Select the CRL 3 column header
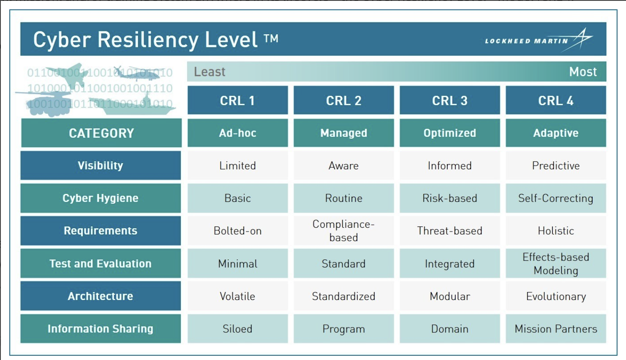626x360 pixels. (450, 100)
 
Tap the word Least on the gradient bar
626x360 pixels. (210, 72)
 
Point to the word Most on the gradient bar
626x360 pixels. (582, 72)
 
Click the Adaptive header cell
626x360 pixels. (556, 133)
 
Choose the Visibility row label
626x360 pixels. (101, 166)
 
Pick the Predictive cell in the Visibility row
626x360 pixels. (556, 166)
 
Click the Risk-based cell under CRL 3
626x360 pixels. (450, 198)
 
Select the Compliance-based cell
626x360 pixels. (344, 231)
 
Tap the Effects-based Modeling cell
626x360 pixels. (556, 264)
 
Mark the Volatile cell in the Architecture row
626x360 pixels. (237, 296)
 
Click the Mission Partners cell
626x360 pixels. (556, 329)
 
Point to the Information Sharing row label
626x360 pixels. (101, 329)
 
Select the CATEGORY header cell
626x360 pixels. (101, 133)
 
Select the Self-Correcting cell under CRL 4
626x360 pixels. (556, 198)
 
